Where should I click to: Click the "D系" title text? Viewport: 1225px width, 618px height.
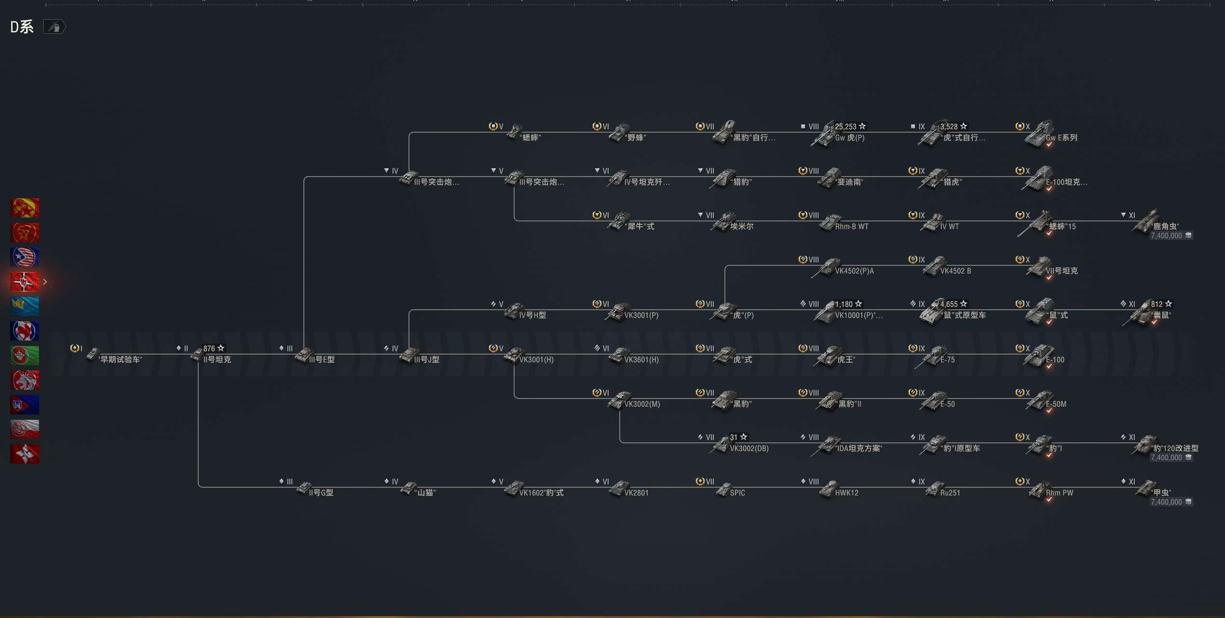(22, 27)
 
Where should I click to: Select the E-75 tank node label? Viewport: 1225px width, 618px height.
(947, 360)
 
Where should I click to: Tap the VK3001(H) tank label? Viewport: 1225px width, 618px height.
(536, 360)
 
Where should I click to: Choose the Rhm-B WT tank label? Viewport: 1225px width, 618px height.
(851, 227)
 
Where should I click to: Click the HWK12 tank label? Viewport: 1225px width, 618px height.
(846, 493)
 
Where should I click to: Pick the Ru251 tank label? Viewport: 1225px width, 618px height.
(950, 493)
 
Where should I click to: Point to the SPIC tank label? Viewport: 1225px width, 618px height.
(737, 493)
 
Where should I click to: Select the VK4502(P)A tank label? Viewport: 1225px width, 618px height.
(854, 271)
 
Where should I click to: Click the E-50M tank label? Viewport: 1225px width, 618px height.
(1056, 404)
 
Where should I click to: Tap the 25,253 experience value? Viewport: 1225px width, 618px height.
(845, 127)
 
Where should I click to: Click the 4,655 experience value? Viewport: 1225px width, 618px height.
(949, 304)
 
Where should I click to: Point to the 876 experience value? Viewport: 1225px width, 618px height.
(209, 349)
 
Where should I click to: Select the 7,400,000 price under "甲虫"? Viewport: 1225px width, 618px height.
(1166, 502)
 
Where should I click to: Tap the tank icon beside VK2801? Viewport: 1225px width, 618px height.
(618, 489)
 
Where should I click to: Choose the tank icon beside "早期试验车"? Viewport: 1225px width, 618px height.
(93, 355)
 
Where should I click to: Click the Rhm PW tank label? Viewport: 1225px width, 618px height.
(1059, 493)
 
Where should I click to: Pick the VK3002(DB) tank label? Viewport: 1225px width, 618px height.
(749, 449)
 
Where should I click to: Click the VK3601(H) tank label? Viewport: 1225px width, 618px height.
(641, 360)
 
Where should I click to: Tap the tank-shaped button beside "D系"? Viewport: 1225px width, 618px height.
(54, 27)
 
